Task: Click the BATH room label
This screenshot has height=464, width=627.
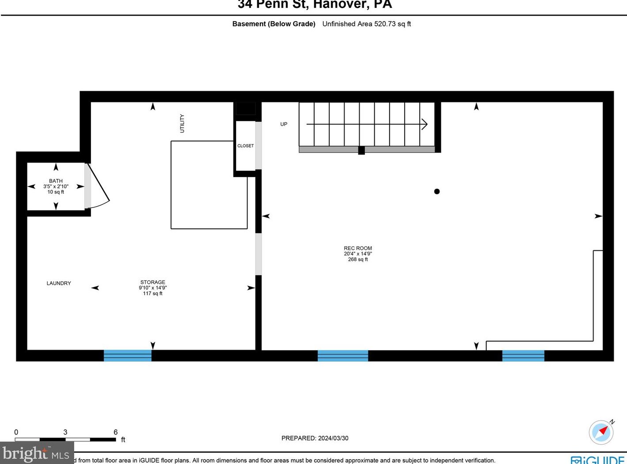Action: pyautogui.click(x=56, y=181)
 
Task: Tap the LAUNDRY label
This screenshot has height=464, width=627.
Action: pyautogui.click(x=59, y=283)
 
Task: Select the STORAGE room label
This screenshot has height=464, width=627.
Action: pyautogui.click(x=153, y=282)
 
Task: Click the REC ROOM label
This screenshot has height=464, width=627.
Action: pyautogui.click(x=358, y=248)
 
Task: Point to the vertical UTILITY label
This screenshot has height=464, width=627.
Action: pyautogui.click(x=182, y=123)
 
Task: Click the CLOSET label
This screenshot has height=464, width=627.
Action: pyautogui.click(x=245, y=146)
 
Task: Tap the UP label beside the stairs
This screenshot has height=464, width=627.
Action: pyautogui.click(x=284, y=124)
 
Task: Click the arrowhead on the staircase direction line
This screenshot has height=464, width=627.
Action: pyautogui.click(x=424, y=124)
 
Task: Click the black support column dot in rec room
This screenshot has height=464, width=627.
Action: pyautogui.click(x=437, y=191)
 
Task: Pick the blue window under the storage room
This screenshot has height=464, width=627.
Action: pyautogui.click(x=128, y=355)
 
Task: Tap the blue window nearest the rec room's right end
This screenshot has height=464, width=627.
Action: pyautogui.click(x=523, y=355)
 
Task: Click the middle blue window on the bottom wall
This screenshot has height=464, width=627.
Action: pyautogui.click(x=343, y=355)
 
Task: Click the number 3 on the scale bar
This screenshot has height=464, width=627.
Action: pyautogui.click(x=65, y=432)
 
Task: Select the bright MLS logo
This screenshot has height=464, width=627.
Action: pyautogui.click(x=37, y=453)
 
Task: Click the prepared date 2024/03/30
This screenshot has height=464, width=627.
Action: pyautogui.click(x=333, y=438)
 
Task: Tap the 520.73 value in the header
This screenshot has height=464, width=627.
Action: pyautogui.click(x=385, y=24)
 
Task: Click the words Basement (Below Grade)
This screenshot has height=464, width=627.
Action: pyautogui.click(x=274, y=24)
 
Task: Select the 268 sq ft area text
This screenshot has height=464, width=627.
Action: pyautogui.click(x=358, y=260)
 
